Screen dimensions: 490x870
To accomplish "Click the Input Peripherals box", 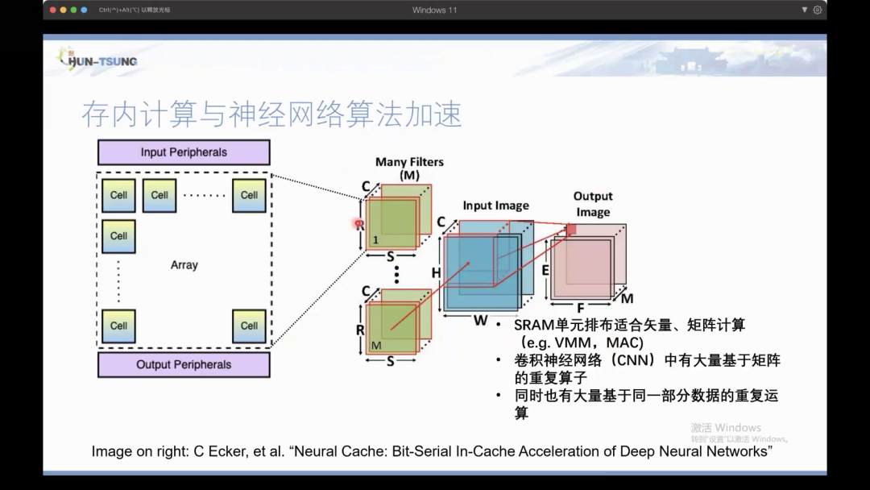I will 184,152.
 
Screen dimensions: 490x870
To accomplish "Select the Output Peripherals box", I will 184,364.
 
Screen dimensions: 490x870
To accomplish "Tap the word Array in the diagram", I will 184,265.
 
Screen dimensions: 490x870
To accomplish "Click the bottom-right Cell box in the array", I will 249,326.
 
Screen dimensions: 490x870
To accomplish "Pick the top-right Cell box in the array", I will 249,195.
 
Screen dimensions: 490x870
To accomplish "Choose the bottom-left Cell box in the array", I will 118,326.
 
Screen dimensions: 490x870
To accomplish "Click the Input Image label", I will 495,206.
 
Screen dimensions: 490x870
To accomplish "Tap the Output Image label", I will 593,204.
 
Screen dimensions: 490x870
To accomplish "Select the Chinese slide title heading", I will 271,114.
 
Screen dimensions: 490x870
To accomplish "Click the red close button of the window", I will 53,10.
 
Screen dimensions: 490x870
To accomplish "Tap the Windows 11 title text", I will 434,10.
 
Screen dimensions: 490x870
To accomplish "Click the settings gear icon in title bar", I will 818,10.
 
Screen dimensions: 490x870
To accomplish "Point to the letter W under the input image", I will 480,320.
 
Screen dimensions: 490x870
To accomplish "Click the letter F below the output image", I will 580,307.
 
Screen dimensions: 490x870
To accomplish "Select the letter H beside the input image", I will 436,273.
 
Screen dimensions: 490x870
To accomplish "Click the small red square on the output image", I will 571,230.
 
